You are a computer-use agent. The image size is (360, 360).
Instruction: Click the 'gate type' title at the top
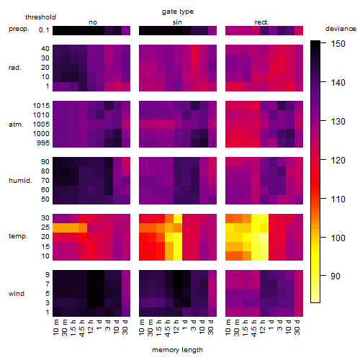coord(178,12)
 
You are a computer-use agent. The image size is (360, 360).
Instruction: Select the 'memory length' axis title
coord(178,350)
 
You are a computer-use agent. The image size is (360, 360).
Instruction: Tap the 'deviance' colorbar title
coord(341,29)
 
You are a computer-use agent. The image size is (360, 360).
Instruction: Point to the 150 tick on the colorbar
coord(338,44)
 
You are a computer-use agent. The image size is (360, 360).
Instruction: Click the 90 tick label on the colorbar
coord(336,276)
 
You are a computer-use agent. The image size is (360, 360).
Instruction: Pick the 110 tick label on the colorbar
coord(338,199)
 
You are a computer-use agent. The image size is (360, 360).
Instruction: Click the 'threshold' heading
coord(40,17)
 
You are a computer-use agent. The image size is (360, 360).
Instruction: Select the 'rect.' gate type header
coord(261,22)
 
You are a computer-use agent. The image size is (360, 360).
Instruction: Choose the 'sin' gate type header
coord(177,22)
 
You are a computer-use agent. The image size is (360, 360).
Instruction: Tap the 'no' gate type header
coord(93,22)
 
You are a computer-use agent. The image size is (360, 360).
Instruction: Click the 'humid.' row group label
coord(20,181)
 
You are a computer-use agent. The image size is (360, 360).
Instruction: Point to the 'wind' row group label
coord(17,294)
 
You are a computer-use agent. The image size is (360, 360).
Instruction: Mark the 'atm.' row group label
coord(16,125)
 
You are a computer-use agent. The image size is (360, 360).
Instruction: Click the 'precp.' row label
coord(19,29)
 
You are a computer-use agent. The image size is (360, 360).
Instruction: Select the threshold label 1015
coord(41,106)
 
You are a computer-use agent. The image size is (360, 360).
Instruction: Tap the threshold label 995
coord(43,143)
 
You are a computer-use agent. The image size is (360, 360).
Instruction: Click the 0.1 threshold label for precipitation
coord(44,30)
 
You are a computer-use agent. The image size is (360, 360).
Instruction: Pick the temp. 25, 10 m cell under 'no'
coord(57,228)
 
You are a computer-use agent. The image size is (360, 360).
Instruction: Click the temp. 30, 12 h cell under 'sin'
coord(178,218)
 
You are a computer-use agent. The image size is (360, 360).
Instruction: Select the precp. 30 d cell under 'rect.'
coord(299,30)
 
